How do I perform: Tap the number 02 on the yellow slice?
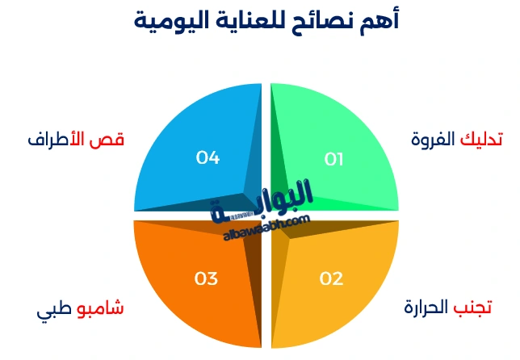[331, 279]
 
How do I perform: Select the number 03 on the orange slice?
[206, 279]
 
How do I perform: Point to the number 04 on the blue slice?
[208, 158]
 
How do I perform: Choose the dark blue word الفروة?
[434, 140]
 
